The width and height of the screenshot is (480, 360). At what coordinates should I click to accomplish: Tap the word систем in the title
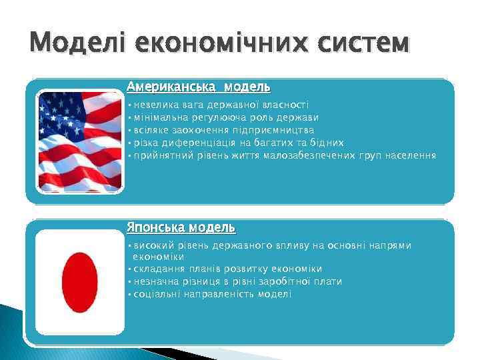coord(363,43)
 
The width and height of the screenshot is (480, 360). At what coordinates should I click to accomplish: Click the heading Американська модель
coord(198,87)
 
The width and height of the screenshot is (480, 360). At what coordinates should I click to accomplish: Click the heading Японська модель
coord(181,227)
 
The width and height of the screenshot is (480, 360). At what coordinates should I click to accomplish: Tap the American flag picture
coord(80,141)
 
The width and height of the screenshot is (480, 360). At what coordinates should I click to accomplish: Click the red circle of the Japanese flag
coord(79,282)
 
